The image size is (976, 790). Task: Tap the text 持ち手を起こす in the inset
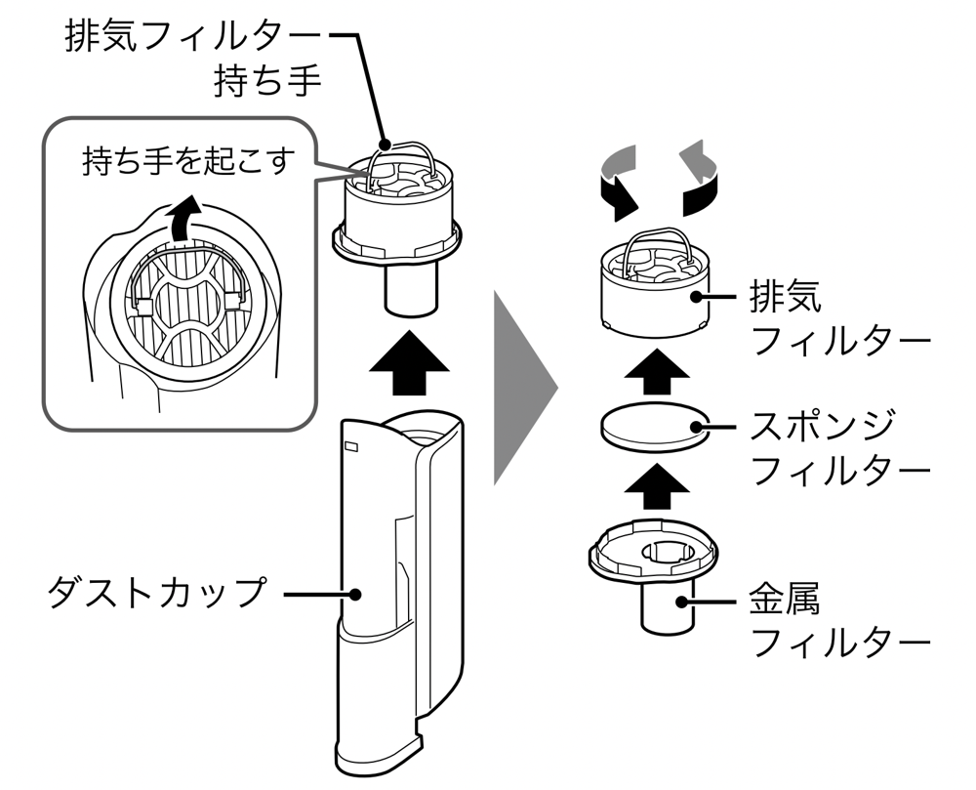tap(184, 161)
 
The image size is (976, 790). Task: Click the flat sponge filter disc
tap(651, 427)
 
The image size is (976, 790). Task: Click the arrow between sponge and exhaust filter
tap(652, 373)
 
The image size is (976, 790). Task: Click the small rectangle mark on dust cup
tap(350, 448)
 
